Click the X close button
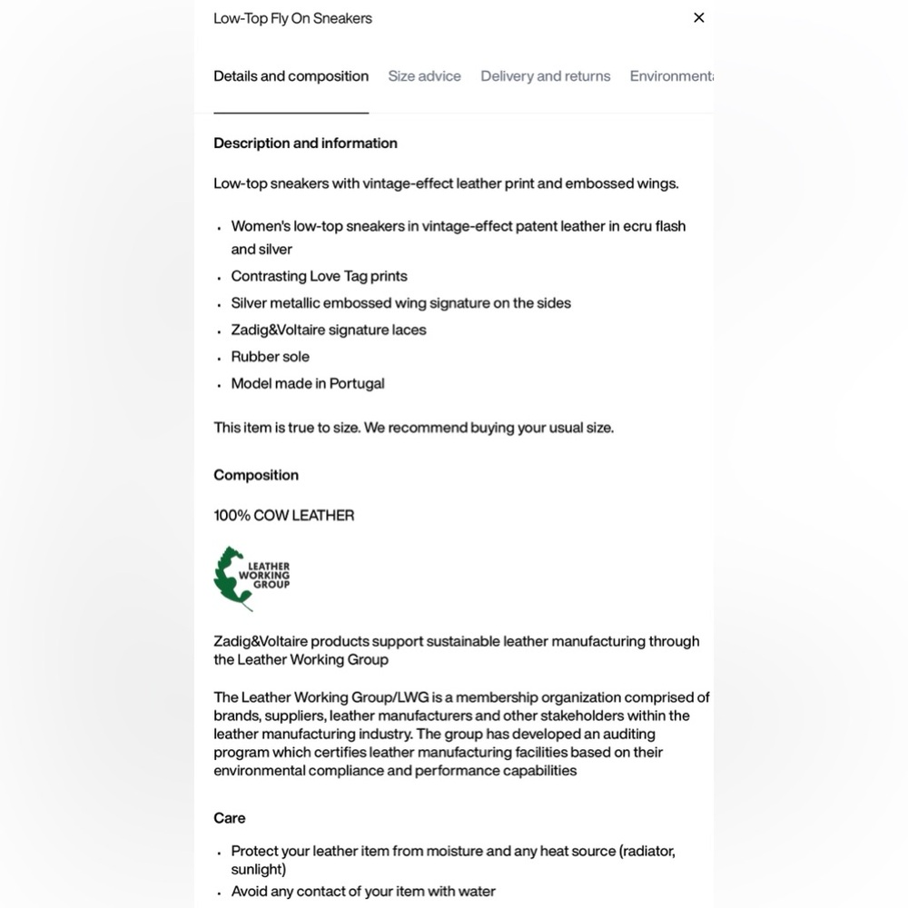coord(698,17)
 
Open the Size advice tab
coord(424,76)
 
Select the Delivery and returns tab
coord(545,76)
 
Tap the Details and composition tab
coord(291,76)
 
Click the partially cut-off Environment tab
coord(671,76)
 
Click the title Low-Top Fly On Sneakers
coord(292,18)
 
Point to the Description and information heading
coord(305,143)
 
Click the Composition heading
coord(256,475)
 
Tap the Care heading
coord(230,818)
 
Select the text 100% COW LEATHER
coord(283,516)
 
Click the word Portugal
coord(357,383)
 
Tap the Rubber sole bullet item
coord(270,357)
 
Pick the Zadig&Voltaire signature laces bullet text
coord(328,330)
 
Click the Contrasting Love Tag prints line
coord(319,276)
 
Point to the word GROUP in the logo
coord(271,585)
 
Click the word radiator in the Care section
coord(647,851)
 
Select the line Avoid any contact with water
coord(363,892)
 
